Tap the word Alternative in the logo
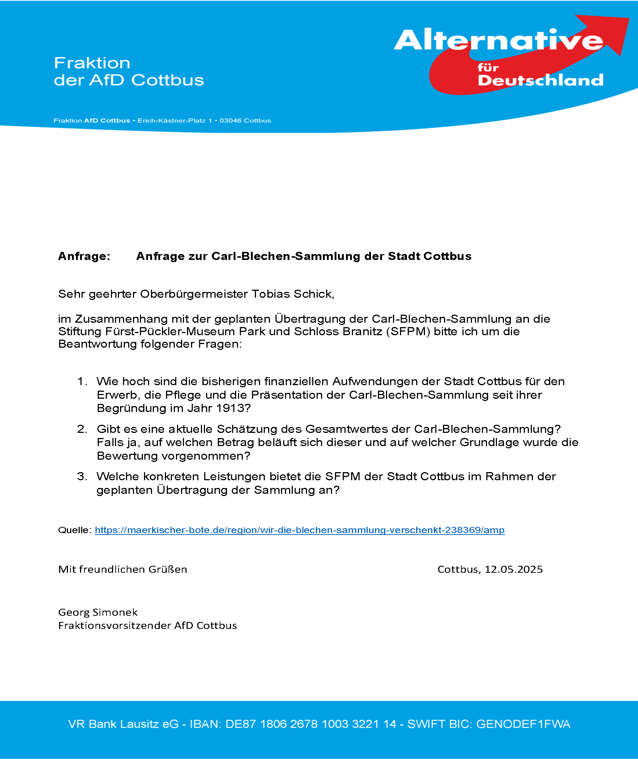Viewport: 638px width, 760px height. coord(498,40)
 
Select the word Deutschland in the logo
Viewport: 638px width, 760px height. coord(540,80)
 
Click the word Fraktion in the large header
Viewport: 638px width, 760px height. coord(92,63)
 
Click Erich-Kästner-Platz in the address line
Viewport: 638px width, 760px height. coord(171,121)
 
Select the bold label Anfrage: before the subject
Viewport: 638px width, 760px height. coord(84,256)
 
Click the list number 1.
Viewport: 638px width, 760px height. coord(82,381)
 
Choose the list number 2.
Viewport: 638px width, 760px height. coord(82,429)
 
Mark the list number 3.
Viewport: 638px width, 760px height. coord(82,477)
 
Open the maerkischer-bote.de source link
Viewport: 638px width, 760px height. coord(299,530)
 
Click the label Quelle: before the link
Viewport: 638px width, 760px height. coord(75,530)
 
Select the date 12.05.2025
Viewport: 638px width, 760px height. coord(513,569)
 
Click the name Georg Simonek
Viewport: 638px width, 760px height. coord(98,612)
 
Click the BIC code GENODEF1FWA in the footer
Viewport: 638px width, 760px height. coord(523,724)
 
